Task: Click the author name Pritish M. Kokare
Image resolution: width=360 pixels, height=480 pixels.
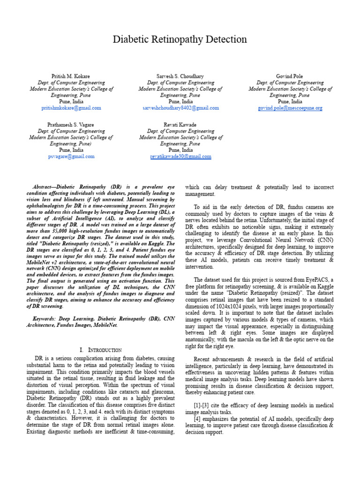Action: click(71, 76)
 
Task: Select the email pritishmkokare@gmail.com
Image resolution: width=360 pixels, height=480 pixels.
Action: click(71, 108)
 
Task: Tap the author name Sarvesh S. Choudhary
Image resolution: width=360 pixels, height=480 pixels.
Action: click(180, 76)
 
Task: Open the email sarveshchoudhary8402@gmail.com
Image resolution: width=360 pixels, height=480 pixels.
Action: click(180, 108)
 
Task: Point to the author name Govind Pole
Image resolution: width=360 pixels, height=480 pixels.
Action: click(290, 76)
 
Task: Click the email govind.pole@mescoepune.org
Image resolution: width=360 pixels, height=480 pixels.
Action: click(290, 108)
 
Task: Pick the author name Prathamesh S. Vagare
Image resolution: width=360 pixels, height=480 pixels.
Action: click(71, 125)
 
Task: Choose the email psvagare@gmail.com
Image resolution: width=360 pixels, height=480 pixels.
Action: click(71, 157)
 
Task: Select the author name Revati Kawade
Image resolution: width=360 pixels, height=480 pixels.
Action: click(180, 125)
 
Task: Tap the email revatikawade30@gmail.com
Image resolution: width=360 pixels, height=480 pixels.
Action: click(180, 157)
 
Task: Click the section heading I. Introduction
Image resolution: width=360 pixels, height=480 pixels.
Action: click(101, 350)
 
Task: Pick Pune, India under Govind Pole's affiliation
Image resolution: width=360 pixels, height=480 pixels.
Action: click(290, 101)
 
